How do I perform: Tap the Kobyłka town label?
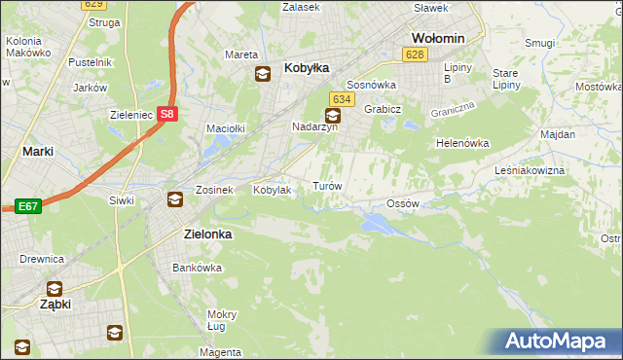click(307, 68)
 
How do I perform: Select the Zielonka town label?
click(212, 234)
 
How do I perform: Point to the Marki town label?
click(37, 152)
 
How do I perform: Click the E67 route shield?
click(27, 206)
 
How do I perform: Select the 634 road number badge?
click(341, 99)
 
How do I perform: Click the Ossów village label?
click(402, 203)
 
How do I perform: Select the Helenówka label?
click(461, 143)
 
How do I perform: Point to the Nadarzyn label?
click(314, 126)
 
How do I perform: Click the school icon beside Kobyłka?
click(263, 73)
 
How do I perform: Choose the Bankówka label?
click(192, 267)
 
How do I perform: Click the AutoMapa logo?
click(556, 342)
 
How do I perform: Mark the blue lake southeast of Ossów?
click(376, 225)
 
